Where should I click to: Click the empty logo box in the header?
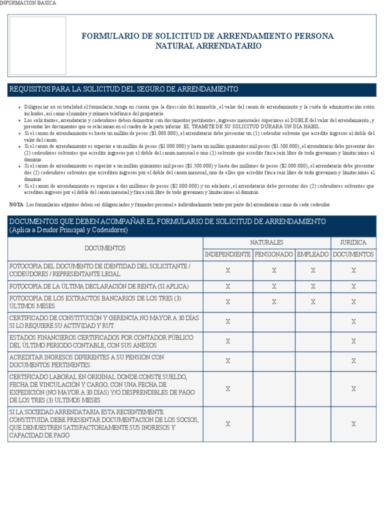coord(38,45)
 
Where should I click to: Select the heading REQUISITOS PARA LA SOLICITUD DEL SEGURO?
coord(123,89)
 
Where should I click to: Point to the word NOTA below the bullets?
coord(16,204)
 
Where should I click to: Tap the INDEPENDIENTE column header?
coord(227,254)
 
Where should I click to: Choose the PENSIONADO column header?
coord(273,254)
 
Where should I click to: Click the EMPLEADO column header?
coord(313,254)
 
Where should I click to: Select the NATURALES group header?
coord(266,242)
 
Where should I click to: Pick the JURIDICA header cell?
coord(353,242)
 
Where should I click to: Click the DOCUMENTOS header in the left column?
coord(105,248)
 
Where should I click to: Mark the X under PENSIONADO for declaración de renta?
coord(273,286)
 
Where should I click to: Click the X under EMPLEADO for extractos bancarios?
coord(313,302)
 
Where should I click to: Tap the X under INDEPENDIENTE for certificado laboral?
coord(227,388)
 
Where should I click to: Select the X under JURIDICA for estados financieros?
coord(353,341)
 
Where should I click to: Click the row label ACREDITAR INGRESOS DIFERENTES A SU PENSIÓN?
coord(86,361)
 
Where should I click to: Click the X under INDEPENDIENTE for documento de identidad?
coord(227,270)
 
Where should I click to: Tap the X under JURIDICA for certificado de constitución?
coord(353,321)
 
